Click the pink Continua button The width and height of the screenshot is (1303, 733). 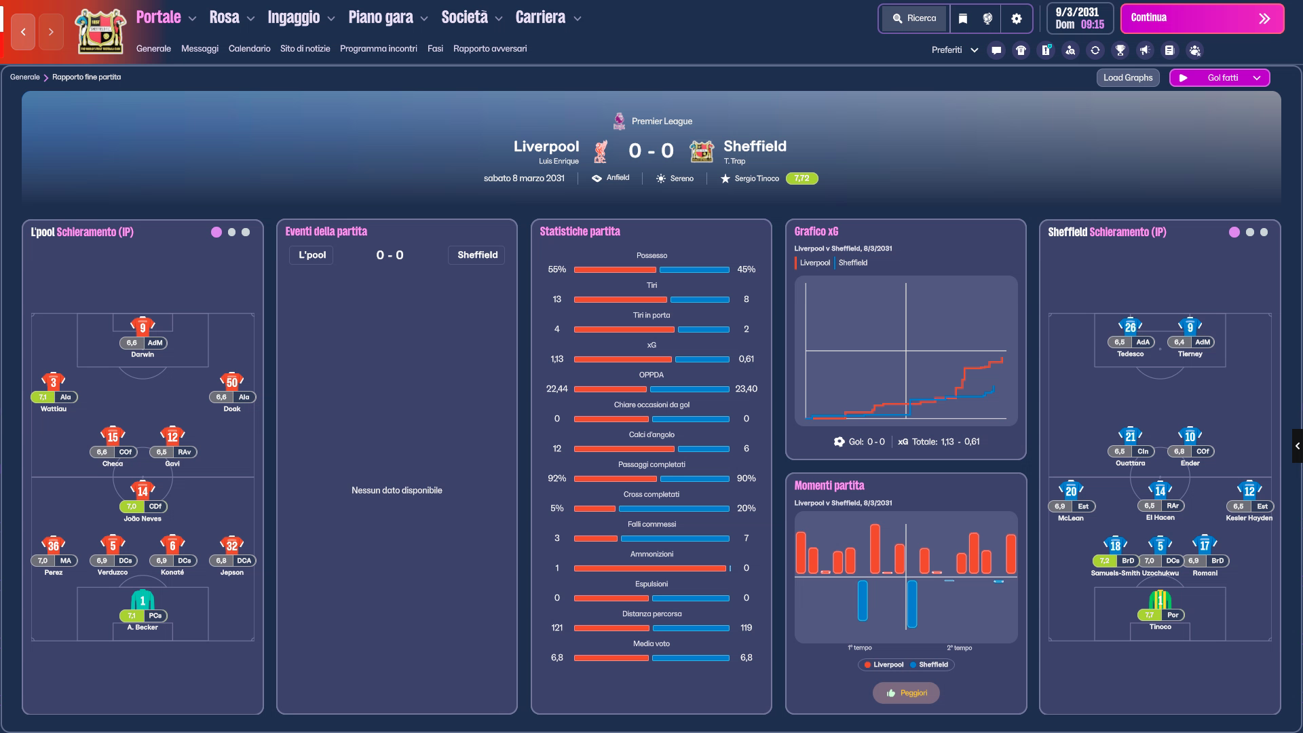(x=1202, y=18)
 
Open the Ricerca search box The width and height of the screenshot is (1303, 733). (x=915, y=18)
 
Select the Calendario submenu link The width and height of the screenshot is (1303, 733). (x=249, y=49)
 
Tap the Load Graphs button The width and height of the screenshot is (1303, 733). (x=1128, y=77)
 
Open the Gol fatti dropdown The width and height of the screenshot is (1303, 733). (x=1220, y=77)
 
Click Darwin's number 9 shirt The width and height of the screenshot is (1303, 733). (x=143, y=326)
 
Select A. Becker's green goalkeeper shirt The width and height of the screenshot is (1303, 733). (x=143, y=599)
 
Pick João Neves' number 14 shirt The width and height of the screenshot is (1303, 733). (x=143, y=490)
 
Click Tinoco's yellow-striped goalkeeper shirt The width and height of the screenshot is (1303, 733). (x=1160, y=599)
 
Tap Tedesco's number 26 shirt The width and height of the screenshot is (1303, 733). (x=1131, y=326)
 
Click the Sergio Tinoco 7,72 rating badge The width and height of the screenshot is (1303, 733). (x=801, y=178)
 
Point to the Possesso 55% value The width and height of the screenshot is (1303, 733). (x=557, y=269)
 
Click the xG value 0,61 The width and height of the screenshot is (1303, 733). (x=747, y=359)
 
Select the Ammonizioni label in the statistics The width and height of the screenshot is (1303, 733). (x=651, y=554)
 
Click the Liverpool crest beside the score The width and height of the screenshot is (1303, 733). (x=601, y=151)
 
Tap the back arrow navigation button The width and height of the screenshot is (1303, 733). (x=23, y=32)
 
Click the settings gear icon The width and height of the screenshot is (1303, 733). (x=1017, y=19)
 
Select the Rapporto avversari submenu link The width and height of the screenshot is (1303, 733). (x=490, y=49)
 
